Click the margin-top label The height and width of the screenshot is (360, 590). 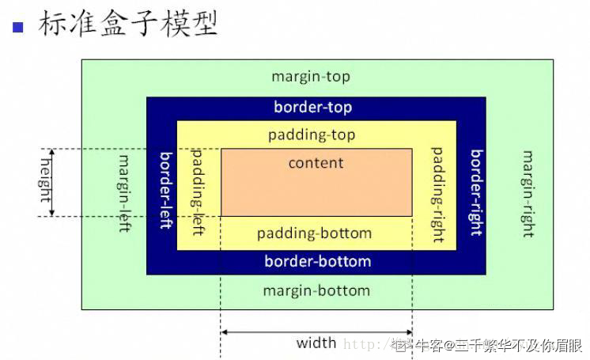311,77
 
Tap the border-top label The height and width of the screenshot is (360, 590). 313,107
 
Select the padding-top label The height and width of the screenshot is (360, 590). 312,135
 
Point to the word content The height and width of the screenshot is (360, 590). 316,163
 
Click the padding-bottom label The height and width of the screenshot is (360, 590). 314,233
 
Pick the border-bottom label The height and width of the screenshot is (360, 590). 317,261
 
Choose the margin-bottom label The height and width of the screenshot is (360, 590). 316,290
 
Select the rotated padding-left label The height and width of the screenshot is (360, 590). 199,191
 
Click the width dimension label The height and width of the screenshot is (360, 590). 316,343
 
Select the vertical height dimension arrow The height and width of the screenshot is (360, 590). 52,182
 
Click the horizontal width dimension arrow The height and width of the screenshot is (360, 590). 316,332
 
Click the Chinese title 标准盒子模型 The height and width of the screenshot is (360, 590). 127,24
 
